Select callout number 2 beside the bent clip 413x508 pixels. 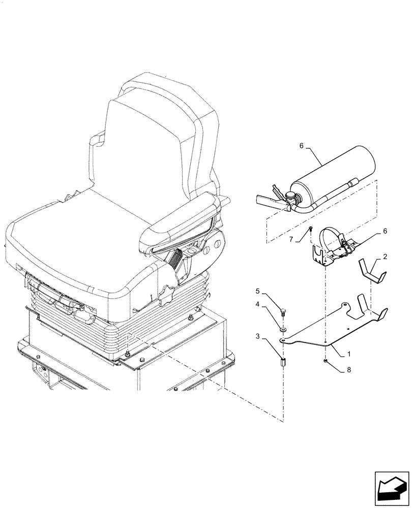tap(385, 258)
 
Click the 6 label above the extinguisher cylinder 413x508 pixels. tap(302, 146)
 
